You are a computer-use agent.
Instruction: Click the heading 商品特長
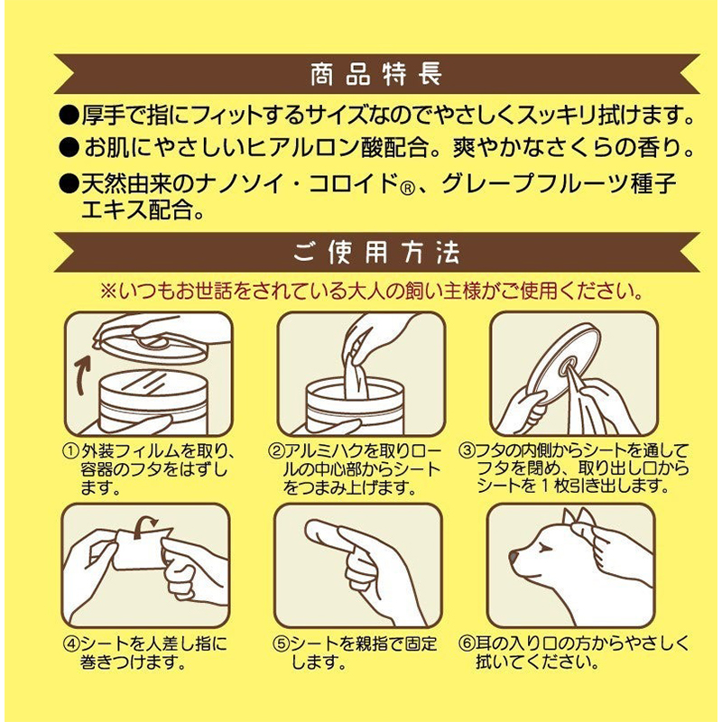[x=376, y=74]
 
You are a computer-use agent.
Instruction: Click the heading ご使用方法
[x=376, y=253]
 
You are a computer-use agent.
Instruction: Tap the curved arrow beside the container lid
[x=83, y=376]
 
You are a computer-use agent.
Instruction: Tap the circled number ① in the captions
[x=70, y=450]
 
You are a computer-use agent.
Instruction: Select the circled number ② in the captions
[x=275, y=450]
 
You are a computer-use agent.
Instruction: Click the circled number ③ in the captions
[x=467, y=449]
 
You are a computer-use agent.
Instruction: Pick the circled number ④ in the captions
[x=71, y=643]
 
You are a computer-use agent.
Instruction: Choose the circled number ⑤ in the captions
[x=280, y=643]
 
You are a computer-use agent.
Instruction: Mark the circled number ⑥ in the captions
[x=467, y=643]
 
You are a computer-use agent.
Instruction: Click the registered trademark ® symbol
[x=407, y=189]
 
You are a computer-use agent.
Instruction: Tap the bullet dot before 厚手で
[x=69, y=116]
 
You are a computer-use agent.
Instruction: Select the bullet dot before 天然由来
[x=69, y=184]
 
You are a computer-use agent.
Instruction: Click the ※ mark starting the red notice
[x=108, y=291]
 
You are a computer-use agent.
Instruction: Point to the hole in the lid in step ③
[x=568, y=367]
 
